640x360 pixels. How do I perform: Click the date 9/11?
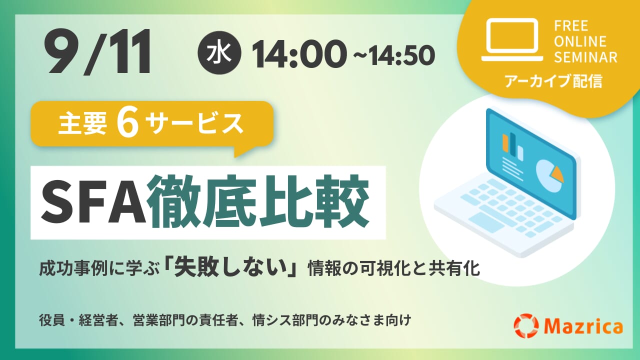[97, 51]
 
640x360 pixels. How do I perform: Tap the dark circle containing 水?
[219, 53]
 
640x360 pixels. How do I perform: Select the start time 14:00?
[298, 54]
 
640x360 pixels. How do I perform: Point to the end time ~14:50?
[394, 55]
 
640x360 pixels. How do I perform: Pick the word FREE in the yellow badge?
[571, 26]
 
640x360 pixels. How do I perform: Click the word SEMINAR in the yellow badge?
[585, 57]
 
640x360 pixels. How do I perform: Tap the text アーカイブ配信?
[553, 81]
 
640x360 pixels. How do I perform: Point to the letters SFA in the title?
[93, 201]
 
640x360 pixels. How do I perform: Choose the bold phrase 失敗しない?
[231, 268]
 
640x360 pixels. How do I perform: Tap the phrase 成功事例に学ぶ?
[99, 269]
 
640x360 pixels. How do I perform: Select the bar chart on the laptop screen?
[512, 146]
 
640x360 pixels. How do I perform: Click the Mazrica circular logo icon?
[526, 325]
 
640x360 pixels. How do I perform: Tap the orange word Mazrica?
[583, 326]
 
